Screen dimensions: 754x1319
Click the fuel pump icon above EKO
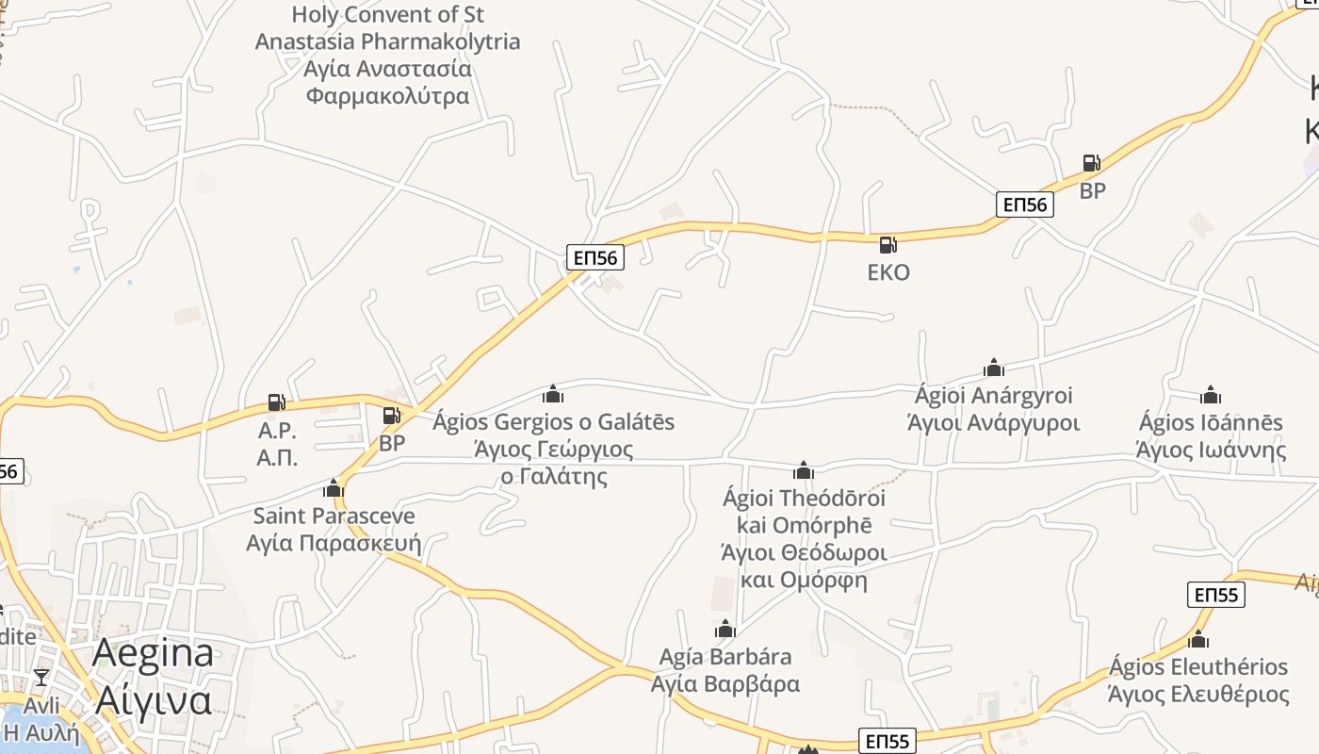coord(887,245)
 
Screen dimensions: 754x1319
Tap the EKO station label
coord(888,272)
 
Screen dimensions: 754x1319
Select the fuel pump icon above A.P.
coord(276,402)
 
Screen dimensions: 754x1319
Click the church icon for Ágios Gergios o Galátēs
coord(553,394)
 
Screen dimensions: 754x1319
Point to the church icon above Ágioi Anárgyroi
coord(993,368)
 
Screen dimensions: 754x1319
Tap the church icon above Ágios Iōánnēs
coord(1211,395)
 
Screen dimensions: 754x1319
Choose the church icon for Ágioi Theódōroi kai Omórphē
coord(804,469)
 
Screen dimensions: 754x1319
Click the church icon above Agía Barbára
coord(725,629)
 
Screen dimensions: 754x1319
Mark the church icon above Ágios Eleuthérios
coord(1198,640)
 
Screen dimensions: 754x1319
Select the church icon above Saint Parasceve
coord(333,488)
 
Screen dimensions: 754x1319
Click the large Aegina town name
coord(154,653)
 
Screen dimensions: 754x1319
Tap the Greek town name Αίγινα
coord(154,700)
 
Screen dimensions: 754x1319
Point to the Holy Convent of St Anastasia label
coord(387,28)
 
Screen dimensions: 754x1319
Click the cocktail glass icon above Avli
coord(41,677)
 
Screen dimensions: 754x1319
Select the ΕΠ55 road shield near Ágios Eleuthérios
coord(1215,595)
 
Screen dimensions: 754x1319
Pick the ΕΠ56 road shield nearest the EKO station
coord(1024,205)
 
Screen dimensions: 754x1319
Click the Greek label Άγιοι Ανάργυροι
coord(993,422)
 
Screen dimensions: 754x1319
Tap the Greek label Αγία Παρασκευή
coord(334,544)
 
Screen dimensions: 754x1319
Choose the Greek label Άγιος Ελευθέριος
coord(1198,695)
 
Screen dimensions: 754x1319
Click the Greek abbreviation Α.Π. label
coord(277,458)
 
